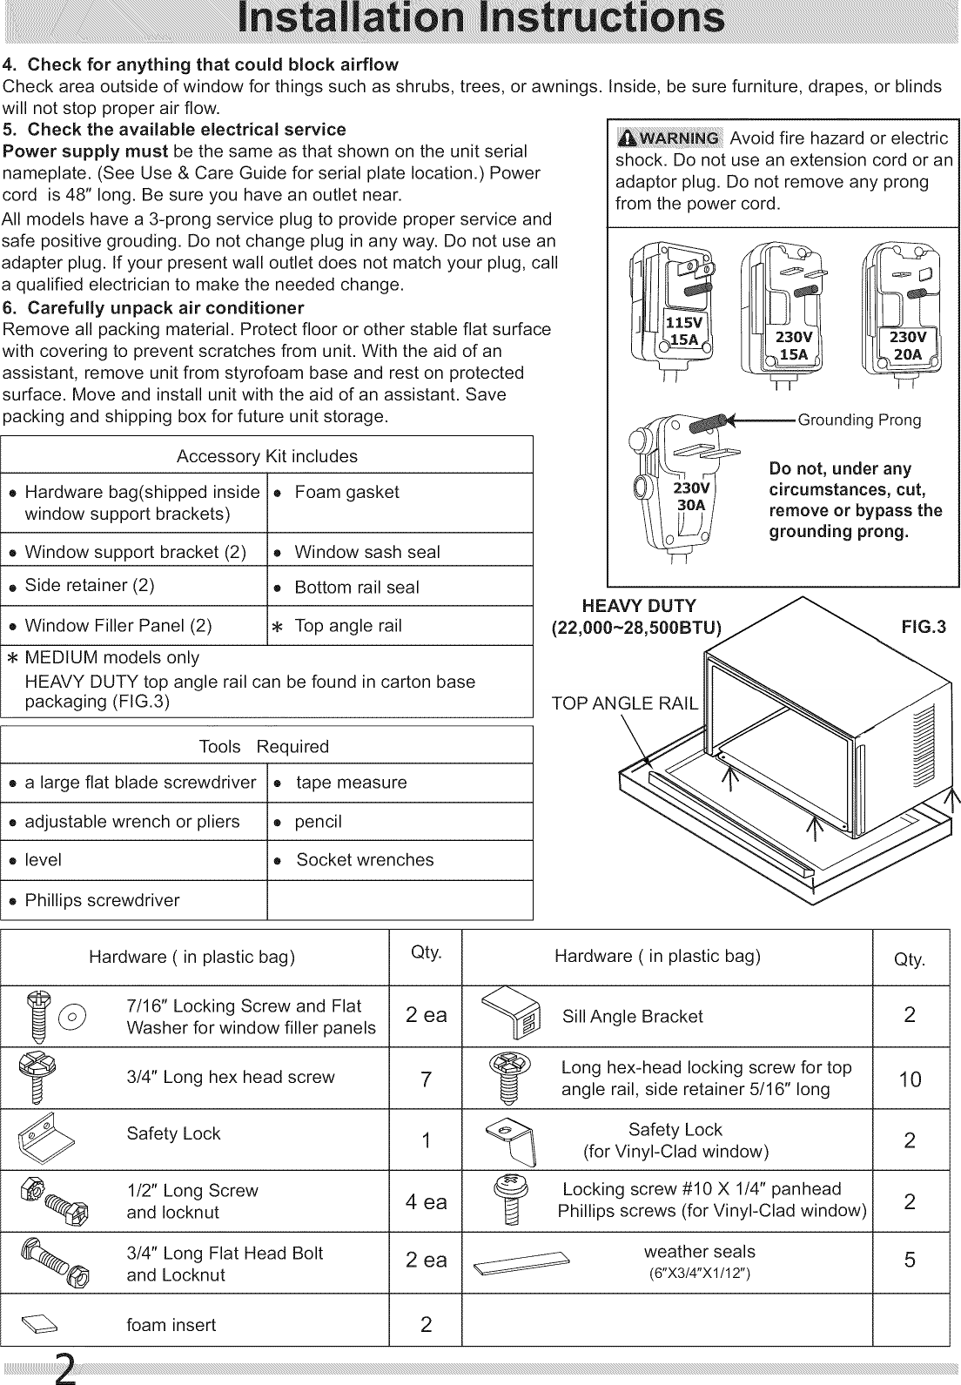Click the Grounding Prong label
858,420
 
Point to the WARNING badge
669,138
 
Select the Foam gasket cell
346,493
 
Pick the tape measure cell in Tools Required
351,783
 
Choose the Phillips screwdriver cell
102,900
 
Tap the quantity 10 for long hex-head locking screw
910,1079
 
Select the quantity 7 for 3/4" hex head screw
426,1079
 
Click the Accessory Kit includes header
266,456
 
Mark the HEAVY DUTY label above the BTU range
639,606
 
